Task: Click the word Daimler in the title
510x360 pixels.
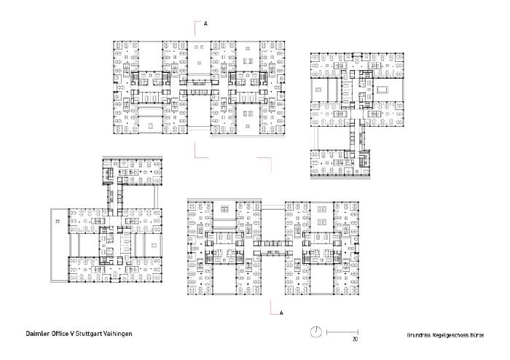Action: click(37, 334)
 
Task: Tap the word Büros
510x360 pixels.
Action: click(476, 335)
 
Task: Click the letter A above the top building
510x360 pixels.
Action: click(205, 24)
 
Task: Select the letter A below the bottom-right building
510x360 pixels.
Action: click(282, 313)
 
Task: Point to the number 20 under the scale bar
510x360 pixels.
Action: click(355, 339)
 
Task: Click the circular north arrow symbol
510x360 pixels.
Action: click(315, 332)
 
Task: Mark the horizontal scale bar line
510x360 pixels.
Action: click(342, 332)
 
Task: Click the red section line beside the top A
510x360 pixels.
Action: click(195, 28)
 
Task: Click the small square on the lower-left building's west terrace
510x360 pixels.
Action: click(58, 222)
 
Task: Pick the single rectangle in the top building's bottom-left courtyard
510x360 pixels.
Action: click(150, 126)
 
